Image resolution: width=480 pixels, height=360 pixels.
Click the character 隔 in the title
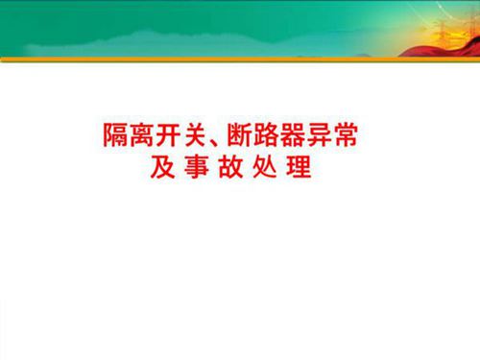[x=115, y=135]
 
